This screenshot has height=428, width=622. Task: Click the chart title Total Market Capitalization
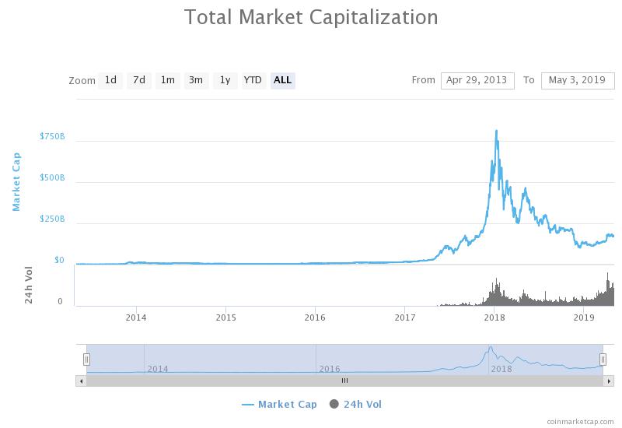(311, 17)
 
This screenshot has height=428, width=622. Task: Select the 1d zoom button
(110, 80)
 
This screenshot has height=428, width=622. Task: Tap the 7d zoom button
(139, 80)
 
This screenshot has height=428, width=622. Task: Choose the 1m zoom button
(168, 80)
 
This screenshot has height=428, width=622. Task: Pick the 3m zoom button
(196, 80)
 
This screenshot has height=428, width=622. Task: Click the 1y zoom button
(225, 80)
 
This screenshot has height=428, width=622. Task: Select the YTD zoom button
(253, 80)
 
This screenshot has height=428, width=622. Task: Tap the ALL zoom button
(282, 80)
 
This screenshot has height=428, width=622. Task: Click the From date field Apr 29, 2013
(477, 80)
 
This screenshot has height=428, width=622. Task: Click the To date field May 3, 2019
(577, 80)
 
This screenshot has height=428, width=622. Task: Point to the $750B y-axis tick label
(52, 137)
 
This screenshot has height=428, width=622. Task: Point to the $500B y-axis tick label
(52, 178)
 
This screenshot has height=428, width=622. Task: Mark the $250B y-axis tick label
(52, 219)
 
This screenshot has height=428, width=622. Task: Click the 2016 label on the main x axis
(315, 317)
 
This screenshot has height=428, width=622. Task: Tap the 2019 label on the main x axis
(584, 317)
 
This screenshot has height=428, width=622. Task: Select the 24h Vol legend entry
(356, 404)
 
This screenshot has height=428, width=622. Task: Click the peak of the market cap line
(496, 131)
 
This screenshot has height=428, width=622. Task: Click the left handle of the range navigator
(86, 359)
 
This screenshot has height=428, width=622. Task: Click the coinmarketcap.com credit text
(580, 421)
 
